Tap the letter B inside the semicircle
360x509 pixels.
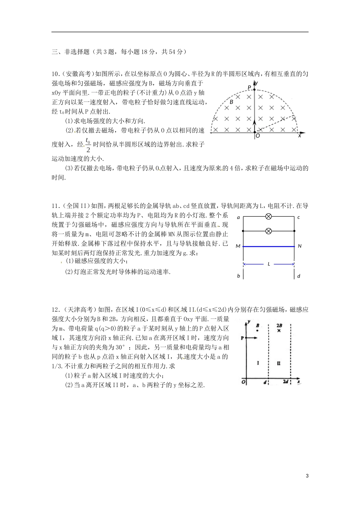pos(231,102)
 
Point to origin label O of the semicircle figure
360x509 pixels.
pos(258,136)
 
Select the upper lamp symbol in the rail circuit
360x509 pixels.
pos(268,217)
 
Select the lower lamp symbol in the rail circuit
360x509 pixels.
pos(268,231)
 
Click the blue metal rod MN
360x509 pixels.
pos(268,247)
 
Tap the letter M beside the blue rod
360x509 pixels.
pos(238,247)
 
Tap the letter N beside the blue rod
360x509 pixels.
pos(299,246)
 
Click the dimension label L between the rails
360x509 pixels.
pos(269,264)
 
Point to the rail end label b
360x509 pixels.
pos(238,276)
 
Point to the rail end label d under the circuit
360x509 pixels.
pos(299,276)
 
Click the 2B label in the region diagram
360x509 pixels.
pos(279,325)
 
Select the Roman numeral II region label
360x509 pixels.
pos(279,363)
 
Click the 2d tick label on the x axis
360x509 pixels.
pos(286,382)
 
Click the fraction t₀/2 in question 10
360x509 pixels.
pos(88,144)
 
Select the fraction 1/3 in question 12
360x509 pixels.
pos(56,366)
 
